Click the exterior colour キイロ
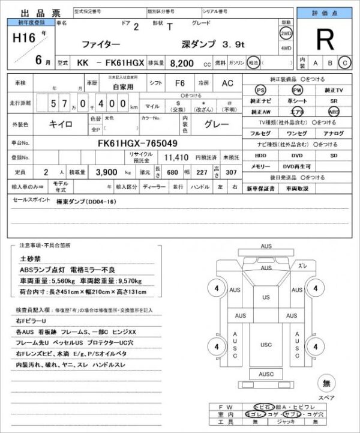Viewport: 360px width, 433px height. [61, 124]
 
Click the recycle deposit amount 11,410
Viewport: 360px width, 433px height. [177, 157]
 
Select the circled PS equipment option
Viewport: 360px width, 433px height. [260, 89]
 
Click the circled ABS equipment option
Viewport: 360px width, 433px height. [334, 112]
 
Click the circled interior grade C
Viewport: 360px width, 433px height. [344, 62]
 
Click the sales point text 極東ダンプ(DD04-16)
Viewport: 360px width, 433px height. [86, 202]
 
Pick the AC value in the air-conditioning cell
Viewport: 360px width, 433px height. [227, 83]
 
